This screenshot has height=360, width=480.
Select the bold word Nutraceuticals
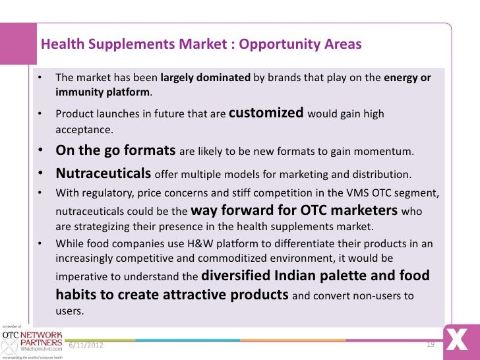[104, 174]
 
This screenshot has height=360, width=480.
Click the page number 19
[432, 344]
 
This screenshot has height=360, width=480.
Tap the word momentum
[386, 152]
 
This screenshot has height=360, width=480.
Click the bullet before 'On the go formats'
[40, 150]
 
